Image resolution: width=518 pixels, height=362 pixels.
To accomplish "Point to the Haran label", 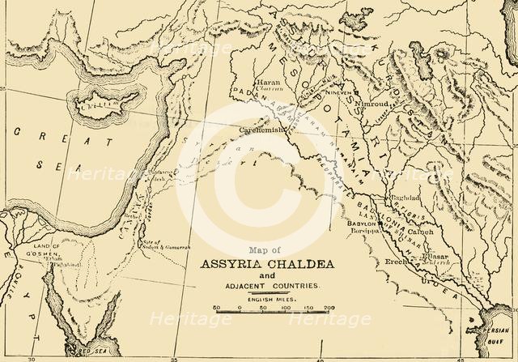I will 244,83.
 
